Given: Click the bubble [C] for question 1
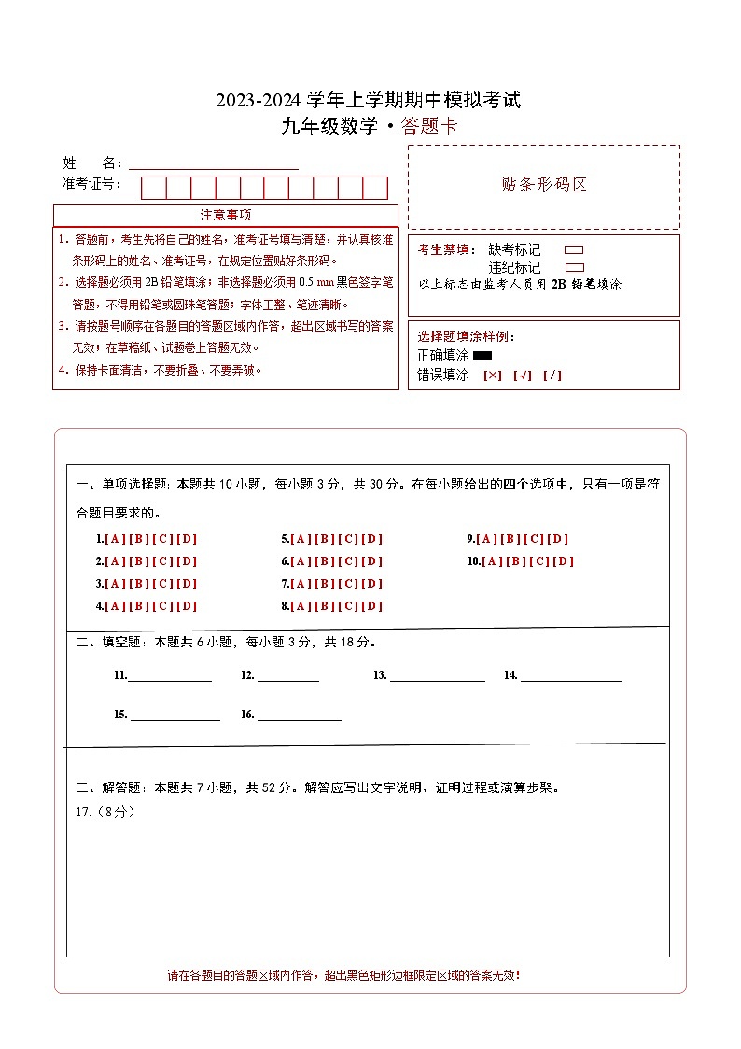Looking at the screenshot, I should (162, 539).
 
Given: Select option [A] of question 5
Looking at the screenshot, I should (301, 539).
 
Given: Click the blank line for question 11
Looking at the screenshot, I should (169, 676).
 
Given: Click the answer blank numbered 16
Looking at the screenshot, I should (299, 716).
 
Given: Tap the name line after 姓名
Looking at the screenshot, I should (214, 163).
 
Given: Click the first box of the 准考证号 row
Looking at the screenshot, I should (153, 188).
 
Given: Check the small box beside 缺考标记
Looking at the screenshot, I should (574, 250).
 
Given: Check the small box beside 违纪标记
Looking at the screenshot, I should (574, 267).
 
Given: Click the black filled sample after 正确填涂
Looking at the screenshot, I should (482, 355).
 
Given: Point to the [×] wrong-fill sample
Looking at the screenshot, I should (493, 376).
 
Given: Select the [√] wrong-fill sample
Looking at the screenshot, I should (523, 376).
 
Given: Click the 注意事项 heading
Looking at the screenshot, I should (225, 215).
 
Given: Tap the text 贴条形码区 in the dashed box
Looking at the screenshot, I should (545, 184).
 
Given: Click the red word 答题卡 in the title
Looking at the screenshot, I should (429, 127).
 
